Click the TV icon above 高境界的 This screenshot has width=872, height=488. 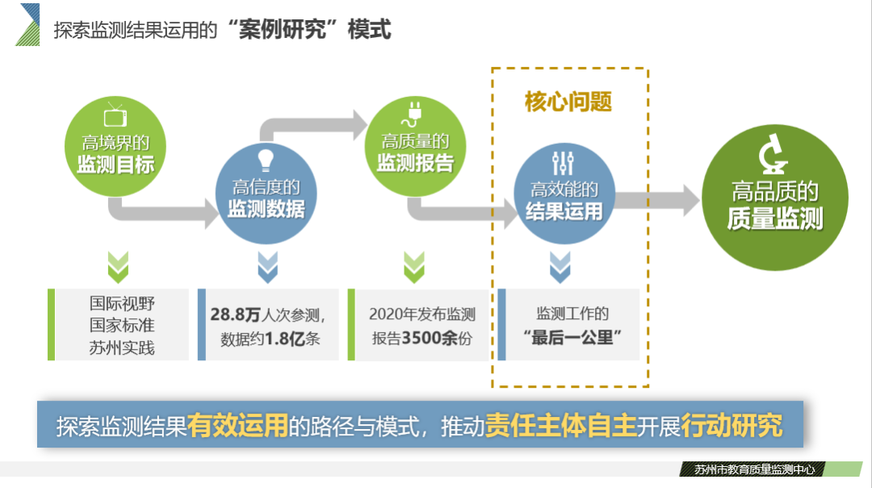(x=116, y=116)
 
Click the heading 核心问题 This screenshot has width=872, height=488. (x=568, y=103)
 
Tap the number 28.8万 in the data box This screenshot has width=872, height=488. (x=238, y=313)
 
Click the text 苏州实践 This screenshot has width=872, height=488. (x=122, y=349)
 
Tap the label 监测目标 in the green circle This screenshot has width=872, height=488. (x=116, y=166)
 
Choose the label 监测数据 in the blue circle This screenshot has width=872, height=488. (x=266, y=210)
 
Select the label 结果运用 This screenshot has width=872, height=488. (x=564, y=212)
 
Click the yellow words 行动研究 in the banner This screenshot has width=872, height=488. (x=732, y=425)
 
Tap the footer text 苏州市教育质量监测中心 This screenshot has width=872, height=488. (x=754, y=469)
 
